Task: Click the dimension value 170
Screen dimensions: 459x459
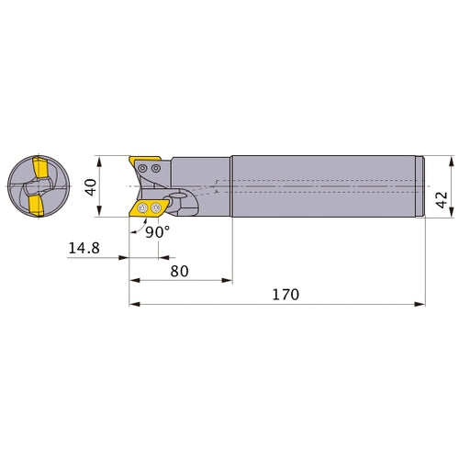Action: coord(285,295)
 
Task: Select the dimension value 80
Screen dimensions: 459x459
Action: coord(179,271)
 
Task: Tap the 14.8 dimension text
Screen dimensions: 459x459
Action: coord(84,248)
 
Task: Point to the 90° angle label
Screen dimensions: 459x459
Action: coord(157,232)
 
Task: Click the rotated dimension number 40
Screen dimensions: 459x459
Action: coord(91,187)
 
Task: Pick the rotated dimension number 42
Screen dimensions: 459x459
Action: coord(442,200)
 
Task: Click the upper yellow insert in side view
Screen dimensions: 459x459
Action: coord(144,160)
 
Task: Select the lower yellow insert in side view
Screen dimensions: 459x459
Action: coord(149,208)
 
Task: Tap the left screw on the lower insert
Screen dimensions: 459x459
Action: coord(142,208)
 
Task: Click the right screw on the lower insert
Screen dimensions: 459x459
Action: coord(156,208)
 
